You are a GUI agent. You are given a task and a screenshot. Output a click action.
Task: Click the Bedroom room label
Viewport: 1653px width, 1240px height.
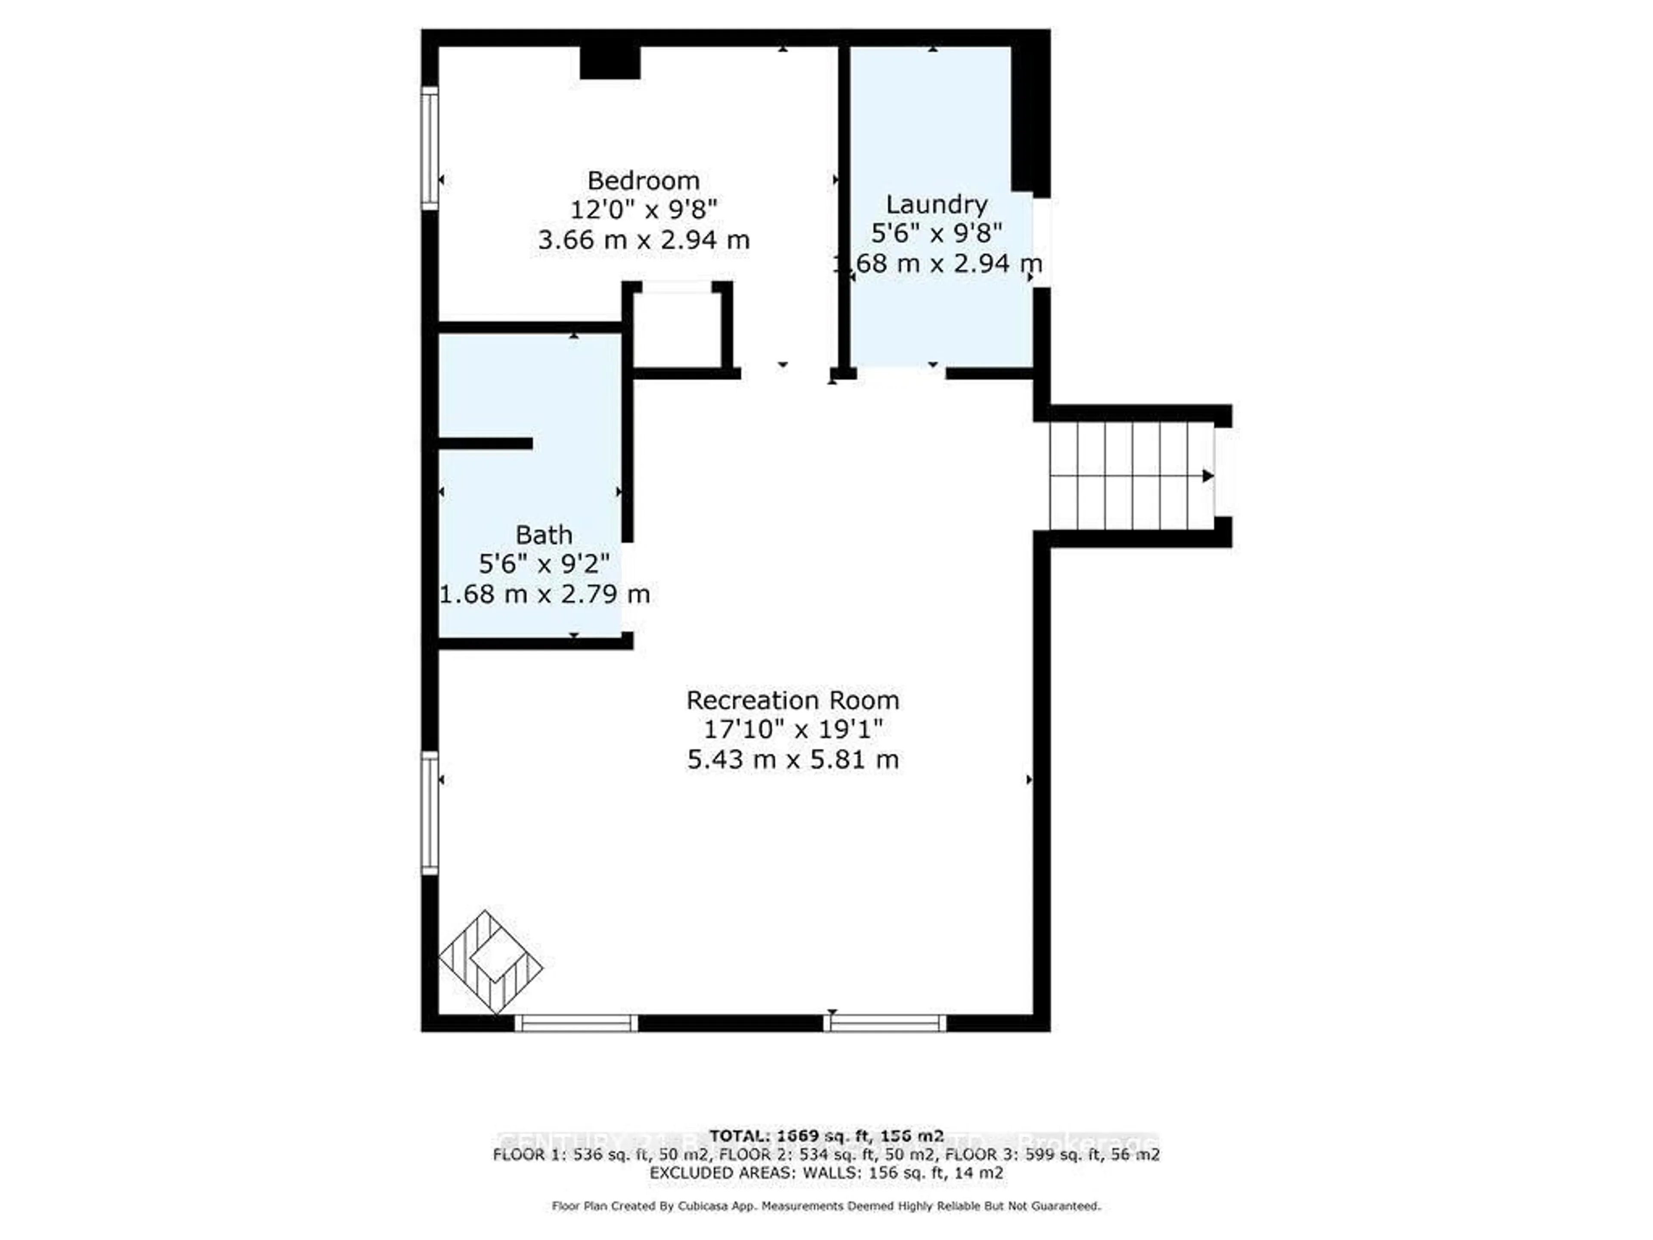point(644,181)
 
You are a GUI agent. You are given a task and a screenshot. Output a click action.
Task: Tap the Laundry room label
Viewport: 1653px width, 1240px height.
point(936,204)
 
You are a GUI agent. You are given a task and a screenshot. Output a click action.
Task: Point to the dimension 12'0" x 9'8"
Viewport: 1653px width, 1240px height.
point(644,210)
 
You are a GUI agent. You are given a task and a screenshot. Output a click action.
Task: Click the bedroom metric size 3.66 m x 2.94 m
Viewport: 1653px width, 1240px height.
point(644,240)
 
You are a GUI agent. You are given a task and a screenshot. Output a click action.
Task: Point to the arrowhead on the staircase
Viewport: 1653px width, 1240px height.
point(1207,475)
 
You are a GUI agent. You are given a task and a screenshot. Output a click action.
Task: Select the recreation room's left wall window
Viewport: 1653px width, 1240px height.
point(430,812)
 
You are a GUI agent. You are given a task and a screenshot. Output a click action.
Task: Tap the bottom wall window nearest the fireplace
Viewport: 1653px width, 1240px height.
point(576,1023)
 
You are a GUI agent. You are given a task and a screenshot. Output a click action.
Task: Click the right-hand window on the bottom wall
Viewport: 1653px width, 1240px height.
point(885,1023)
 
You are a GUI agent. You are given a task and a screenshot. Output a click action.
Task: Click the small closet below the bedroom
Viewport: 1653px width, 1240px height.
point(677,329)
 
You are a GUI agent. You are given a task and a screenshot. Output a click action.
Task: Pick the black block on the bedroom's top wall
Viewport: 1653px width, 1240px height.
point(610,63)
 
